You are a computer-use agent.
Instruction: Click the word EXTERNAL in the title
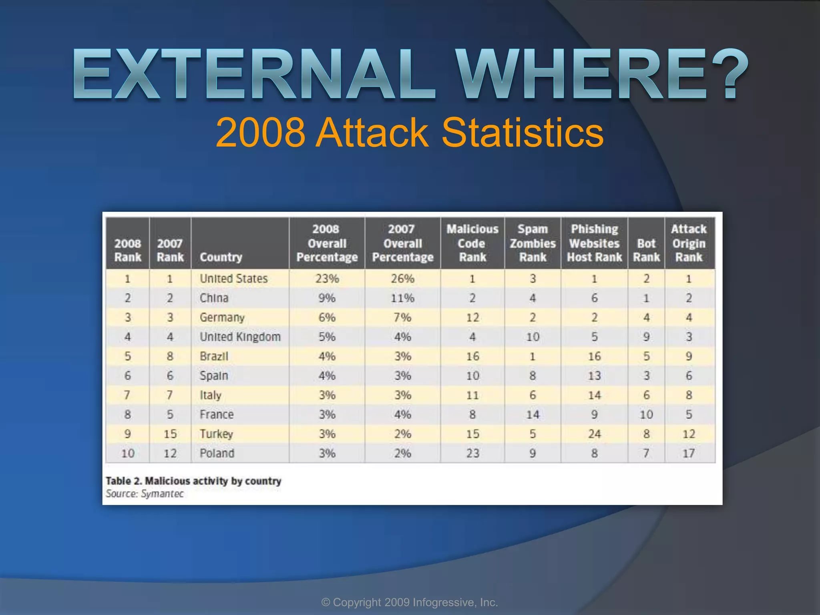(253, 74)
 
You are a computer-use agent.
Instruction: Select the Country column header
(221, 257)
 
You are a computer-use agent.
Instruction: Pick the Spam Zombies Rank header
(533, 243)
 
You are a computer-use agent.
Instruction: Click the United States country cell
(233, 279)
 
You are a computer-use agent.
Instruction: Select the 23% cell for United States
(327, 279)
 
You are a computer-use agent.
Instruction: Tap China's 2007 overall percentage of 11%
(402, 298)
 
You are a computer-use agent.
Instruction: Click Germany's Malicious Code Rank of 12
(472, 318)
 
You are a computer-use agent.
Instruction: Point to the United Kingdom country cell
(240, 337)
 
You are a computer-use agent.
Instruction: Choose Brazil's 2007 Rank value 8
(170, 356)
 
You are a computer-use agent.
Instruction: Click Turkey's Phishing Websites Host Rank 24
(594, 434)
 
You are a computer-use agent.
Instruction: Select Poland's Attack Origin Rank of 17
(689, 453)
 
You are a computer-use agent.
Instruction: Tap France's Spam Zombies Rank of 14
(533, 414)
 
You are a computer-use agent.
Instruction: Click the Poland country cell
(217, 453)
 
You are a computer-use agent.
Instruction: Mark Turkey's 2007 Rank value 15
(170, 434)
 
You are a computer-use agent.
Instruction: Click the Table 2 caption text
(193, 481)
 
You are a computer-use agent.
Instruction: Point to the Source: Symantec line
(145, 494)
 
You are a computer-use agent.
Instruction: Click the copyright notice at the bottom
(410, 602)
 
